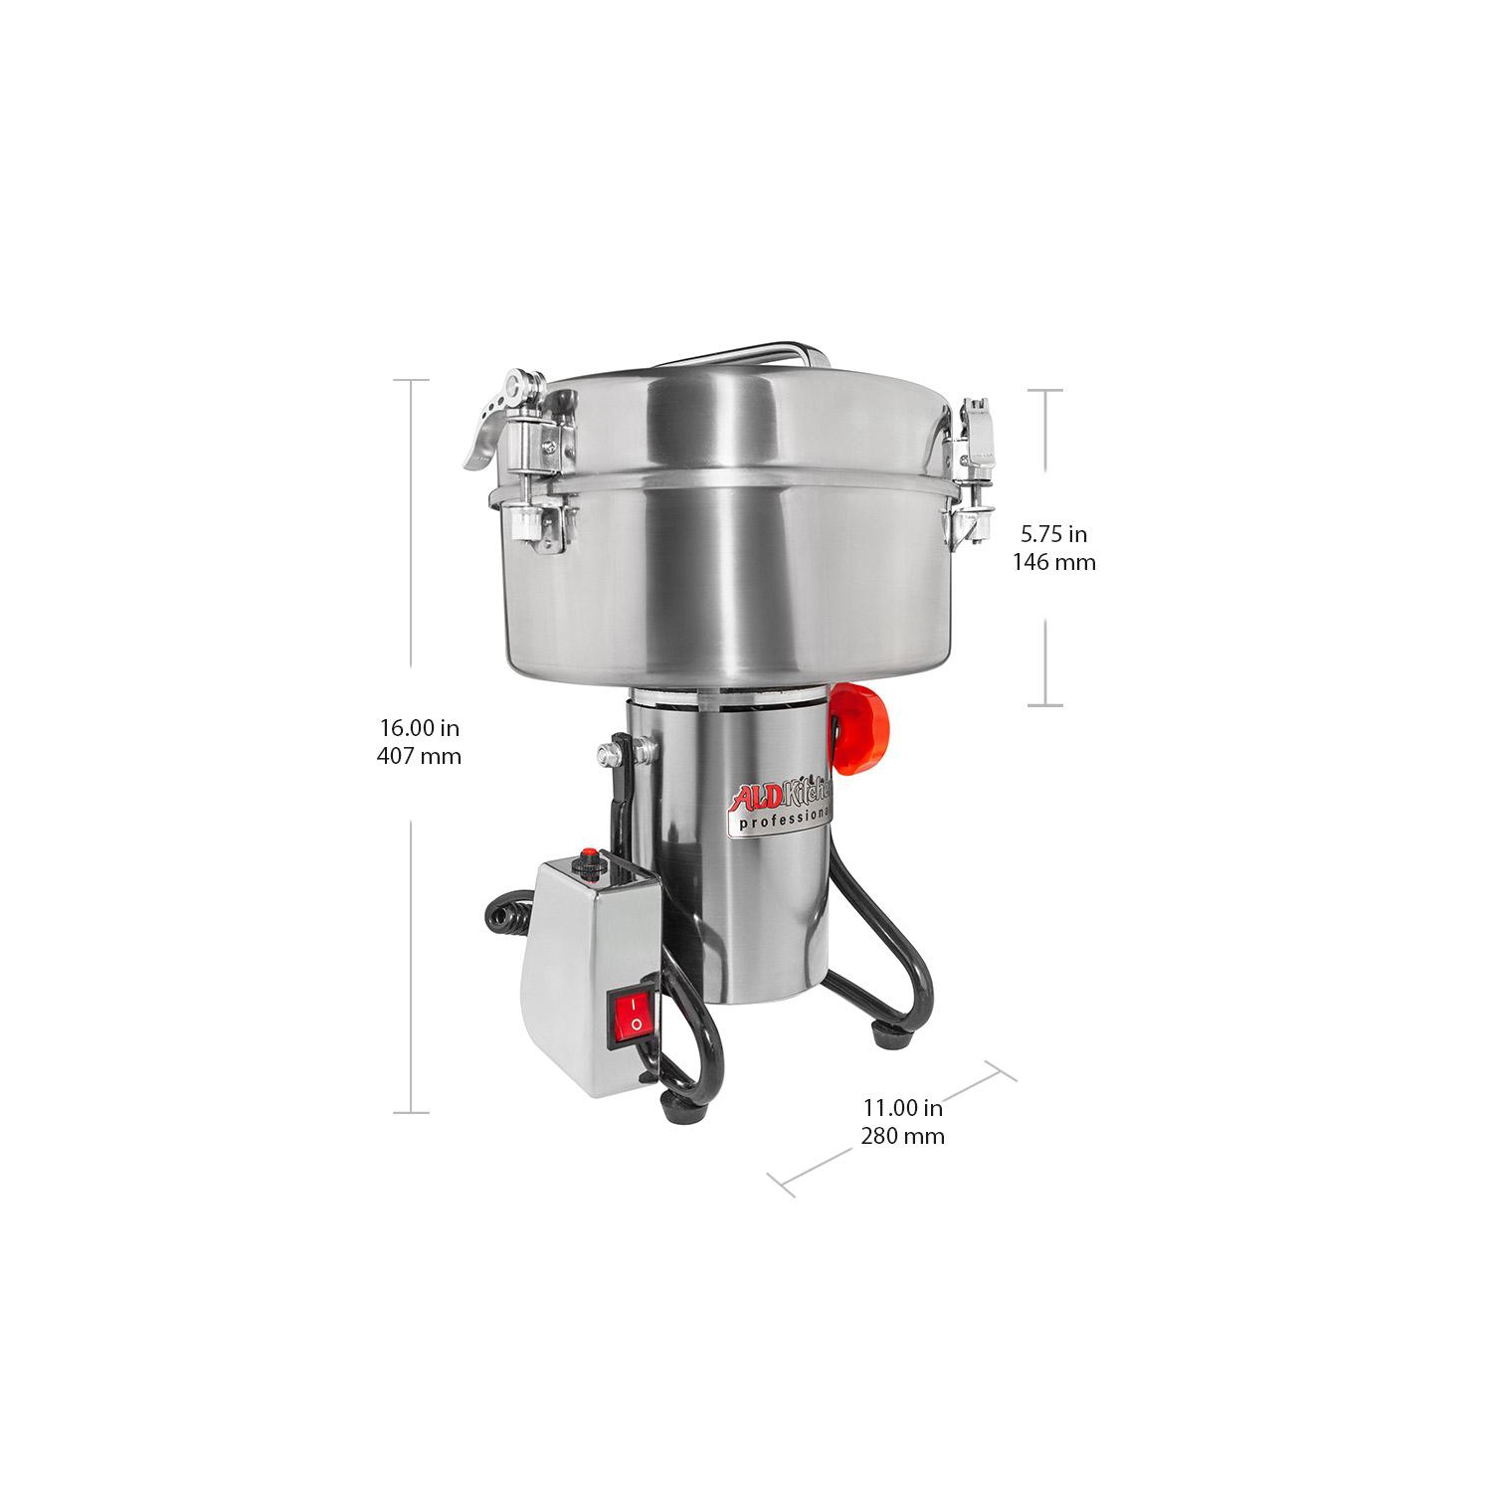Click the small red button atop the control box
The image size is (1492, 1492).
[x=589, y=854]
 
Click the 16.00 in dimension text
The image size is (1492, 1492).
[x=419, y=728]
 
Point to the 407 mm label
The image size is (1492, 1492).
[x=419, y=756]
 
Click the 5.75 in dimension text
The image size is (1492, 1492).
[x=1053, y=535]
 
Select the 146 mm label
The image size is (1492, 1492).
[x=1053, y=562]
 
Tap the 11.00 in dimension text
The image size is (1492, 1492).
[x=902, y=1107]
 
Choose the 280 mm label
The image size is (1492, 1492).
[x=902, y=1135]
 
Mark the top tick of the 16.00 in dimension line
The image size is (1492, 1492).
[x=411, y=380]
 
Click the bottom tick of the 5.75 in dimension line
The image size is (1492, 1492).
[x=1044, y=705]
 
